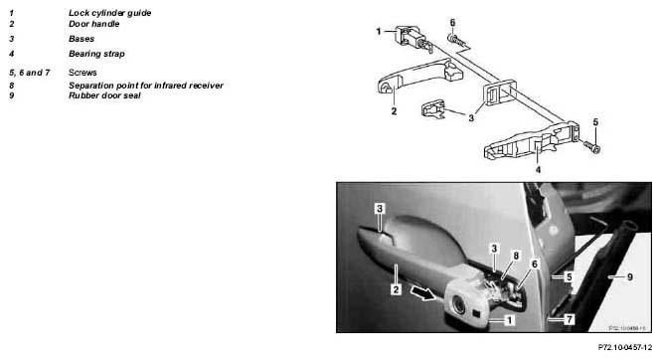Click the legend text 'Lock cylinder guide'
(109, 13)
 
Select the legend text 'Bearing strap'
(96, 54)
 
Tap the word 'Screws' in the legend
(83, 73)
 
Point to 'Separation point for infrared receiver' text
(146, 86)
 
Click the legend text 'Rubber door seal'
(104, 95)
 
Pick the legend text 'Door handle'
(94, 24)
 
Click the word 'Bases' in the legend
(82, 39)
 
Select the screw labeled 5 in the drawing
(591, 147)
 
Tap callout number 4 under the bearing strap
(538, 169)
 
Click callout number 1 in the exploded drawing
(378, 31)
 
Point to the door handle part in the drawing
(419, 76)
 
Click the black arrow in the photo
(423, 293)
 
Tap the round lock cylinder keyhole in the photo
(458, 304)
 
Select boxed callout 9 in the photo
(630, 276)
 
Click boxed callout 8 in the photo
(516, 256)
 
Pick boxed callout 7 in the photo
(570, 319)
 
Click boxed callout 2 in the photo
(396, 289)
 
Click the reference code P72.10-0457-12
(625, 347)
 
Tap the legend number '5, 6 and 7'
(30, 73)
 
